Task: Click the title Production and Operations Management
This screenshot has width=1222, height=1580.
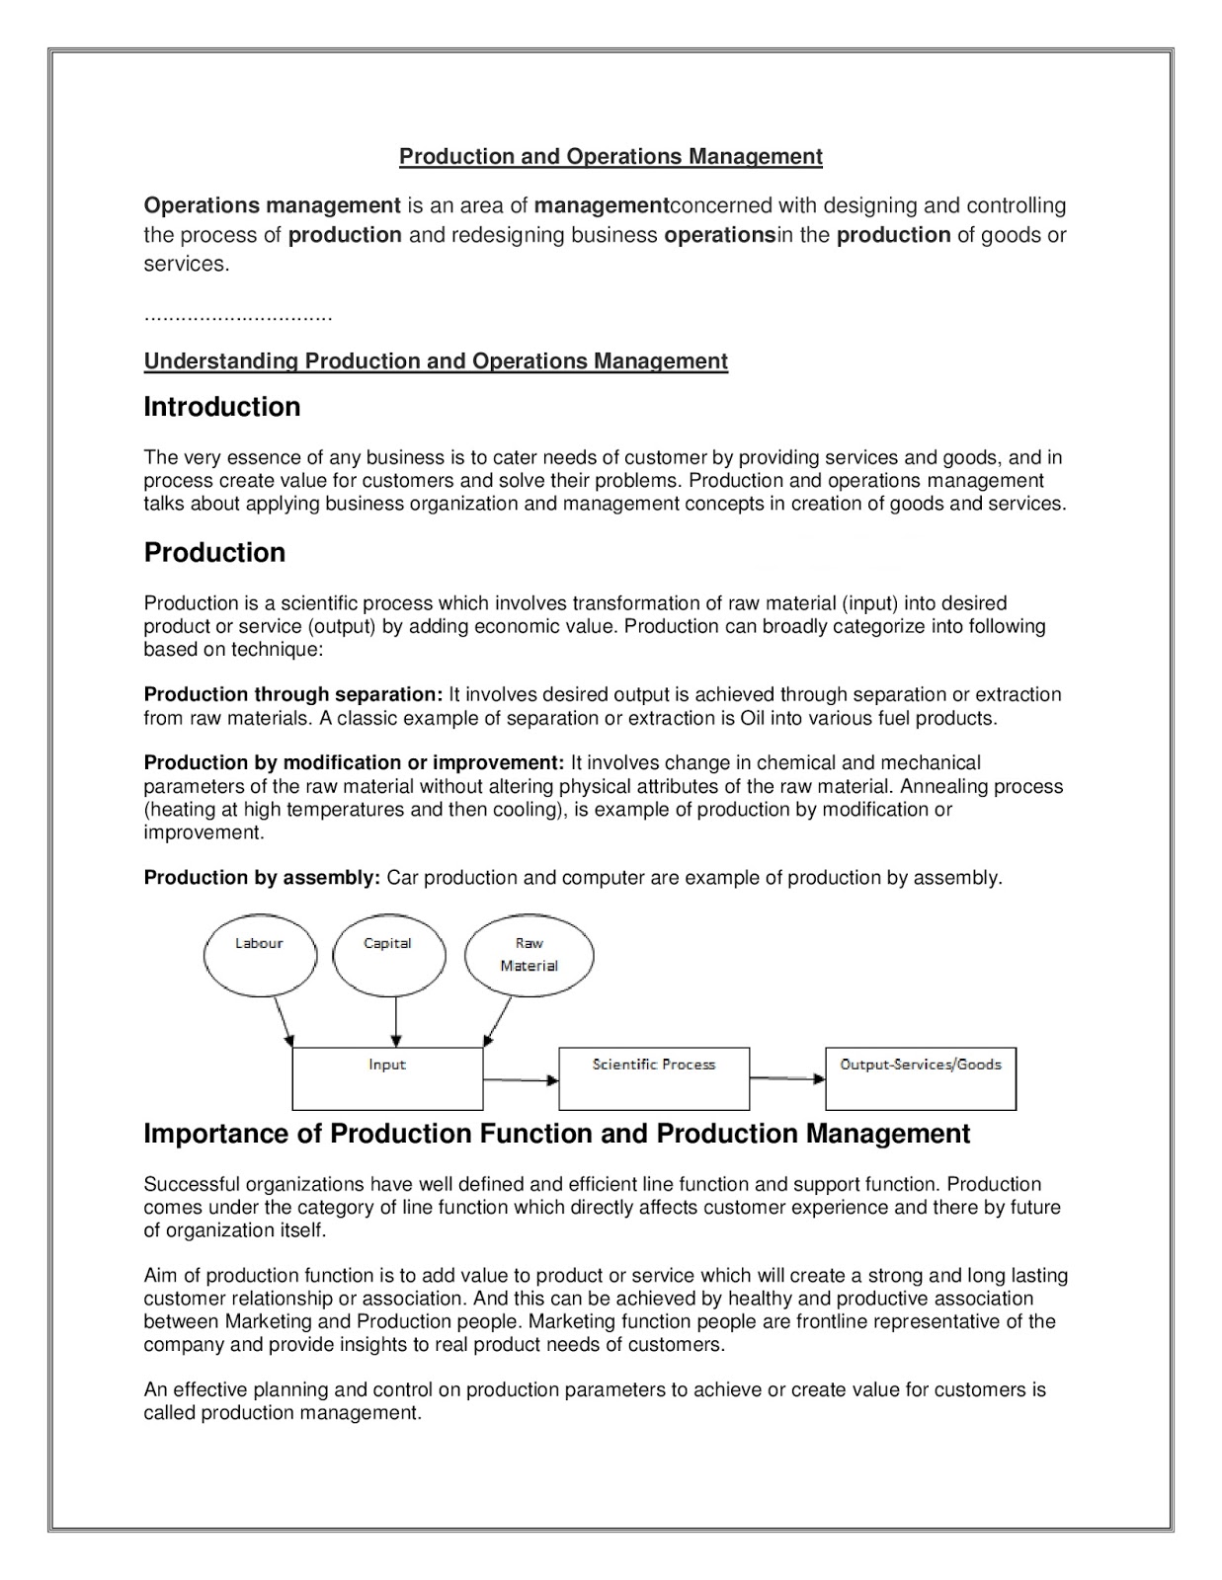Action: pos(611,156)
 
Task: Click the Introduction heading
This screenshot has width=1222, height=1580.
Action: pos(222,407)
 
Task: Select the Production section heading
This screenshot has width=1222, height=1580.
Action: pos(214,552)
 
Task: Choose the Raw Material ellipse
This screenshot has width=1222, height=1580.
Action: pos(529,956)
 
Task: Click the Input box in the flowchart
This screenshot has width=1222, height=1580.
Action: pos(387,1078)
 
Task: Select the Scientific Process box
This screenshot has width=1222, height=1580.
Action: pos(653,1078)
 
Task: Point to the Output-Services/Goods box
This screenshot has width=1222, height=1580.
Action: pos(920,1078)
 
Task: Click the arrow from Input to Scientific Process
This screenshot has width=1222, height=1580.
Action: pos(521,1080)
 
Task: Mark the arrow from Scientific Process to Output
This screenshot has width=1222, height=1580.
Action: pos(786,1079)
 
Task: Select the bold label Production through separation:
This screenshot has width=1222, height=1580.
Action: pos(293,694)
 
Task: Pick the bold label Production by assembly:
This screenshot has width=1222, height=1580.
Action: pos(262,878)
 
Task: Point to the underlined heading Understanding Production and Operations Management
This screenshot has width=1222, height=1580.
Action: pos(436,361)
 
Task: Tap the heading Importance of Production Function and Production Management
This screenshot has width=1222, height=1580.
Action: pos(557,1134)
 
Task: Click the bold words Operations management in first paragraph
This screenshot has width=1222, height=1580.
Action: pos(272,205)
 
